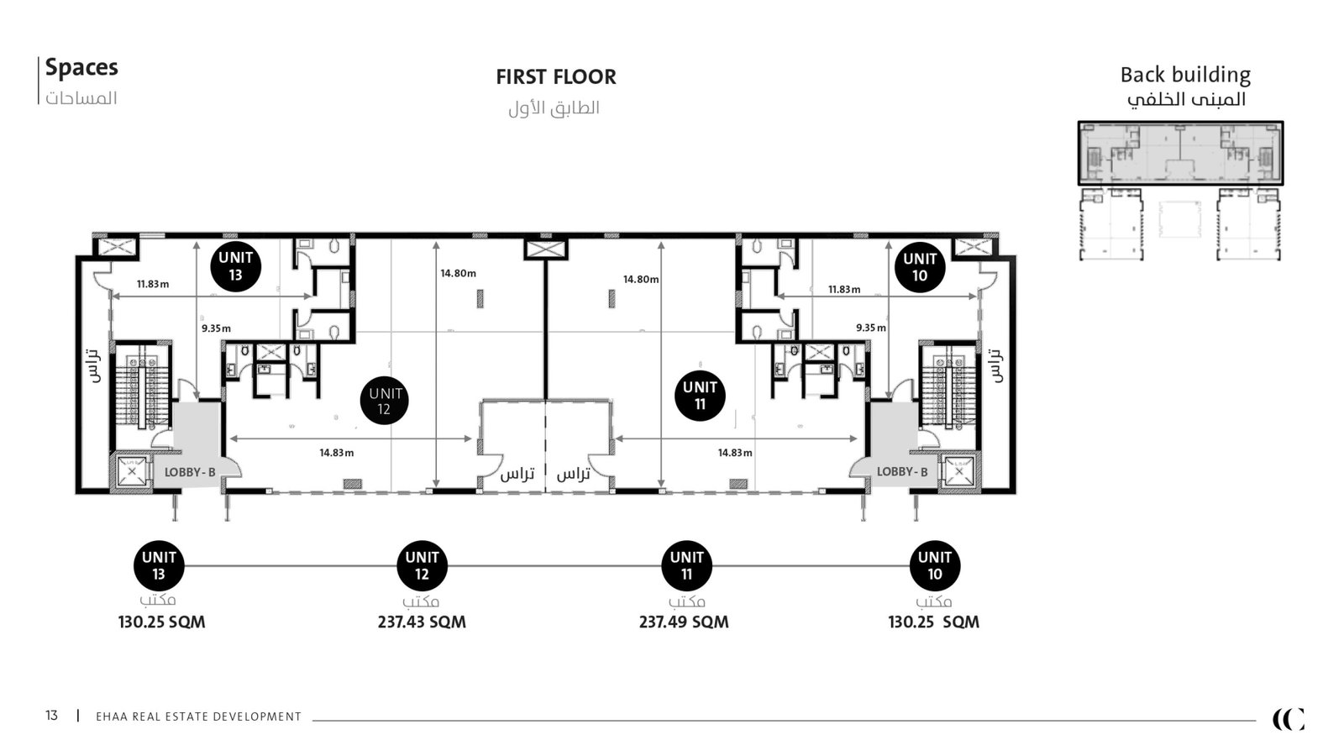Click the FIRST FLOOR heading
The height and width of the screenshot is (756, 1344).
tap(555, 76)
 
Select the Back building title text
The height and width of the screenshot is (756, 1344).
tap(1185, 75)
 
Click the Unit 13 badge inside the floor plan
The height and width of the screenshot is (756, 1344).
tap(236, 266)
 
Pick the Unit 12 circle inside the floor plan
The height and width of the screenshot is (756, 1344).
tap(384, 401)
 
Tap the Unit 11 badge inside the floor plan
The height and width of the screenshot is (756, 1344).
tap(700, 396)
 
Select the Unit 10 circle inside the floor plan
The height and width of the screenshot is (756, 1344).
tap(920, 267)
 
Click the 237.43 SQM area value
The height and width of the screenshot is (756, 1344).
tap(422, 622)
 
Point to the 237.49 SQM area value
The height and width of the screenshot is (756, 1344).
tap(684, 622)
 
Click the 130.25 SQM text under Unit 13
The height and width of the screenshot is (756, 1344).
tap(161, 622)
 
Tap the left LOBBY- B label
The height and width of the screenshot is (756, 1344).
tap(190, 472)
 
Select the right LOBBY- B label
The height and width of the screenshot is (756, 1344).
tap(902, 471)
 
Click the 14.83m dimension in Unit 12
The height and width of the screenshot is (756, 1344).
tap(337, 453)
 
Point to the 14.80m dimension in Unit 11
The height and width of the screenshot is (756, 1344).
tap(641, 279)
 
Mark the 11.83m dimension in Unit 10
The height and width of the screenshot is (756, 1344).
tap(844, 289)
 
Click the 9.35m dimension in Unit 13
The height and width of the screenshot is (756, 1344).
tap(216, 328)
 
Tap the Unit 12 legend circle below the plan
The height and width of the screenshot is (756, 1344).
tap(422, 565)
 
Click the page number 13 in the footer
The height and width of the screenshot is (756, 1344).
tap(51, 715)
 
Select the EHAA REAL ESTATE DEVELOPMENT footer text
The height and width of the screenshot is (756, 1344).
tap(198, 717)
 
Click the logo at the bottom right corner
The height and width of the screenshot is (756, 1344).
tap(1289, 719)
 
